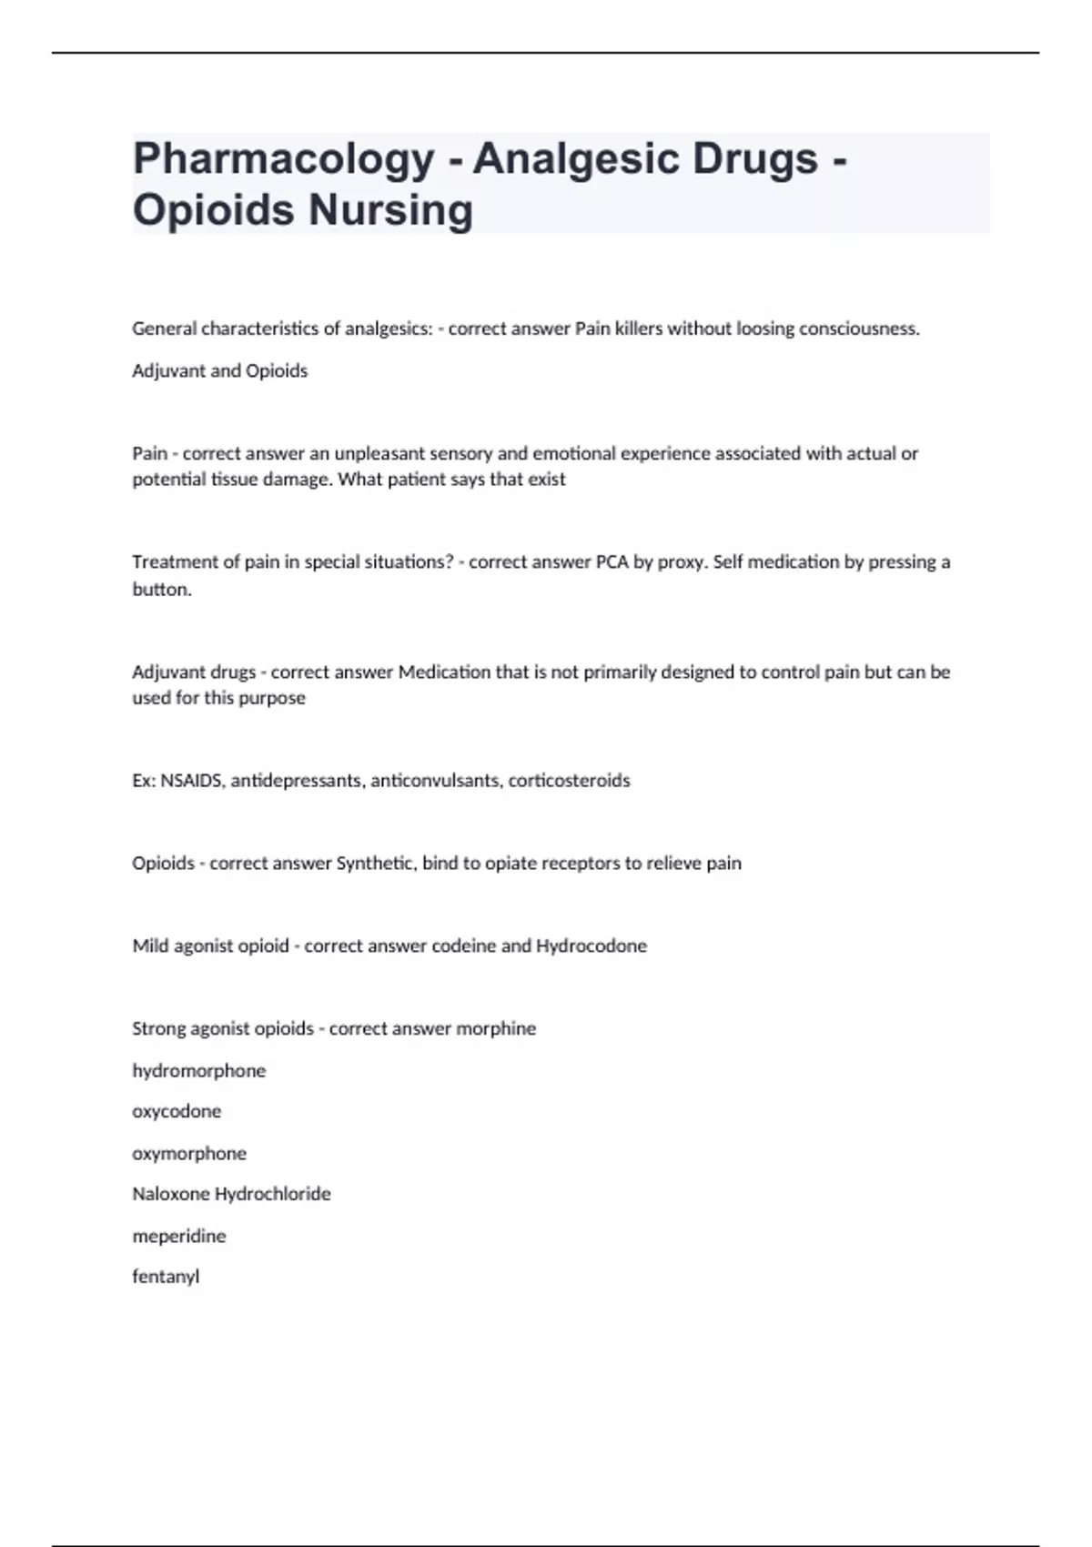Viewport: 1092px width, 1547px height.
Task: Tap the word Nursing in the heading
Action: click(x=390, y=210)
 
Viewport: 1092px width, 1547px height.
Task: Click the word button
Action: click(x=162, y=590)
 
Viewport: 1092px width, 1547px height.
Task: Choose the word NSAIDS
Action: click(x=191, y=781)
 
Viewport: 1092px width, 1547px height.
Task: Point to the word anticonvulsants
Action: click(x=435, y=781)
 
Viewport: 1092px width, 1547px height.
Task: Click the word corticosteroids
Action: click(x=569, y=781)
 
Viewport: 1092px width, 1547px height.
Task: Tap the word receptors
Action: click(x=581, y=864)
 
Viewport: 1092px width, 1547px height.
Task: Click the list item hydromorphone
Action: click(x=198, y=1071)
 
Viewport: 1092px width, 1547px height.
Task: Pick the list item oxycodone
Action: click(x=177, y=1111)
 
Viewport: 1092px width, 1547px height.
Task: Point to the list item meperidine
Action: click(x=179, y=1236)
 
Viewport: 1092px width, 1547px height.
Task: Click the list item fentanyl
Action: click(x=166, y=1277)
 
